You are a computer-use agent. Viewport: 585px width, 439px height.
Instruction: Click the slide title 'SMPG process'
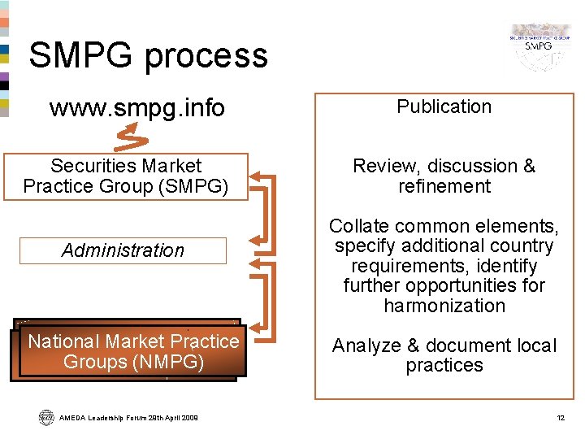click(x=148, y=55)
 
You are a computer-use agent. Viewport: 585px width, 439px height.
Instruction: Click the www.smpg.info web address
click(x=136, y=108)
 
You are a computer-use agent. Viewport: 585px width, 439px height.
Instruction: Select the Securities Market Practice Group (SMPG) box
click(x=125, y=176)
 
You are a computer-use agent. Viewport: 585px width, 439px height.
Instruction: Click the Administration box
click(x=123, y=250)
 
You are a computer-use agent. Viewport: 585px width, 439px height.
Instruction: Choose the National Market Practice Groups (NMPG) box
click(x=133, y=351)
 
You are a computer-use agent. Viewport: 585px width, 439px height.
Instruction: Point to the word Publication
click(x=444, y=106)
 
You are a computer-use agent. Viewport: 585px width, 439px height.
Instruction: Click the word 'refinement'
click(x=444, y=186)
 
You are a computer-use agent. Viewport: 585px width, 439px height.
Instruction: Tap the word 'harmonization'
click(x=444, y=306)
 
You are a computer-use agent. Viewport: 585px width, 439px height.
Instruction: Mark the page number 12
click(x=560, y=418)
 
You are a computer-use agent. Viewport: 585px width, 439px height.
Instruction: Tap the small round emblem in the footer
click(x=45, y=417)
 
